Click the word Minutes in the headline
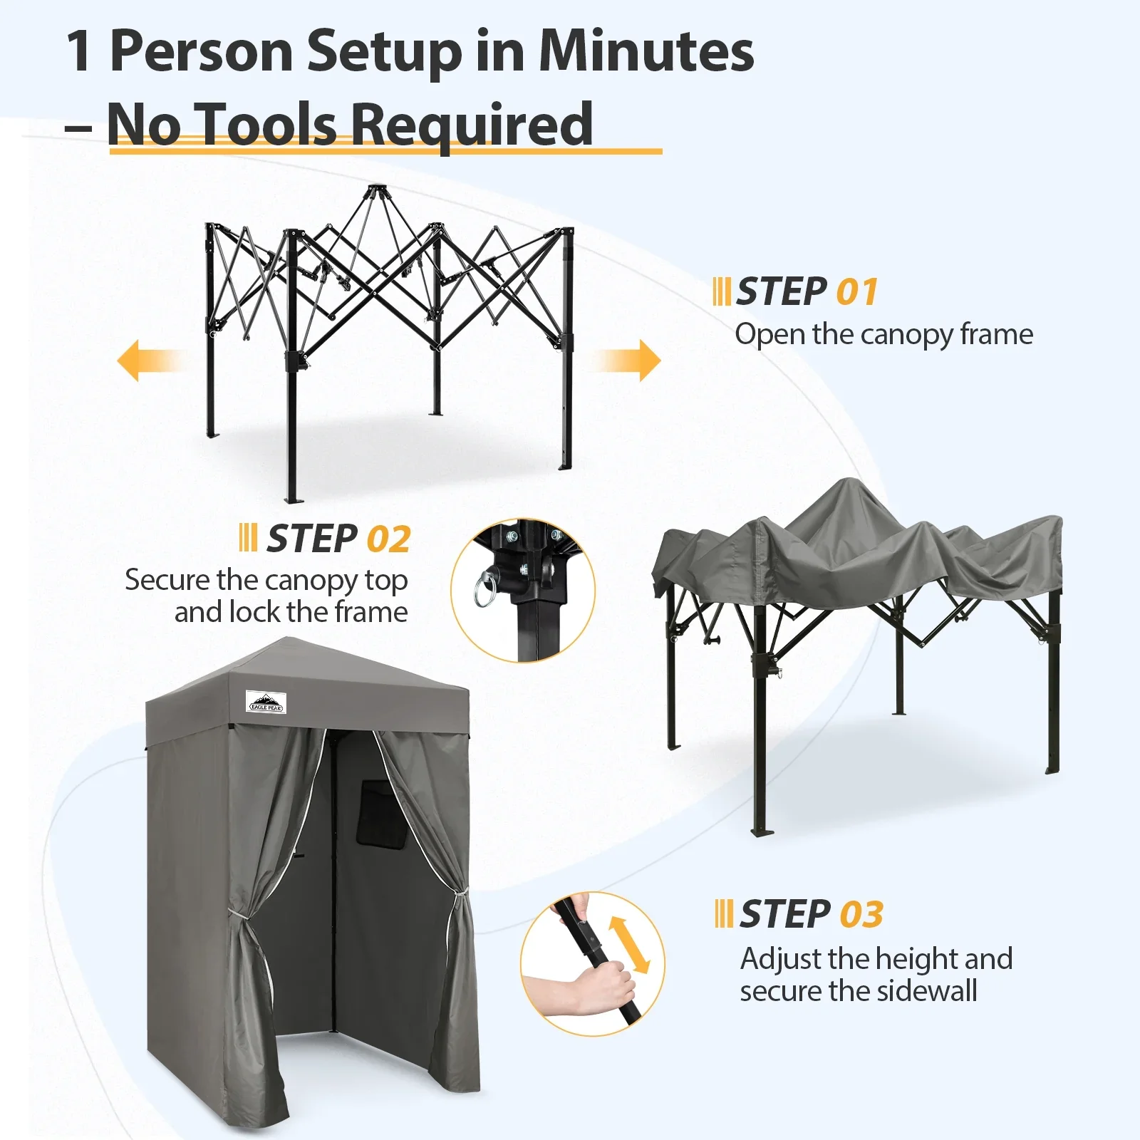pyautogui.click(x=646, y=51)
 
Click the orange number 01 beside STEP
pyautogui.click(x=857, y=292)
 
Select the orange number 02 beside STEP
pyautogui.click(x=389, y=539)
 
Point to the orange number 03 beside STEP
pyautogui.click(x=861, y=914)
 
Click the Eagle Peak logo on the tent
pyautogui.click(x=266, y=702)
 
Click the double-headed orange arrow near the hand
pyautogui.click(x=629, y=945)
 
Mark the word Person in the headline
pyautogui.click(x=201, y=51)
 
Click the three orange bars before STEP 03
pyautogui.click(x=724, y=913)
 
